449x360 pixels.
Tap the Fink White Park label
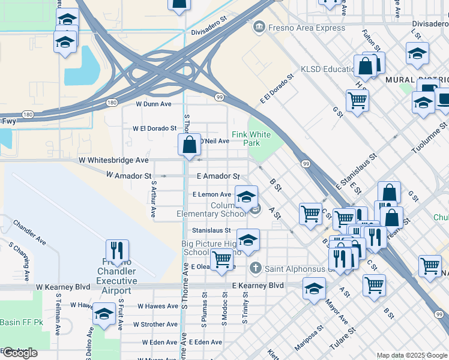[x=251, y=139]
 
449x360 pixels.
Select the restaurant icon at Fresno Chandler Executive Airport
[x=117, y=253]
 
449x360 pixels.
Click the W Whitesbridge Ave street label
[x=113, y=160]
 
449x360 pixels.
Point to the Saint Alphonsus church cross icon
[x=255, y=268]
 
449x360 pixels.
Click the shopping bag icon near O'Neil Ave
[x=189, y=145]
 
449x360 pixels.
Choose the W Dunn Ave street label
[x=154, y=104]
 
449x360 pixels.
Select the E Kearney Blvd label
[x=258, y=286]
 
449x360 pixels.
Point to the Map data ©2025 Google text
[x=412, y=355]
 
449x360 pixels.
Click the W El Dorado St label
[x=154, y=128]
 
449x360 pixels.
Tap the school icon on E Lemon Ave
[x=246, y=197]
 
